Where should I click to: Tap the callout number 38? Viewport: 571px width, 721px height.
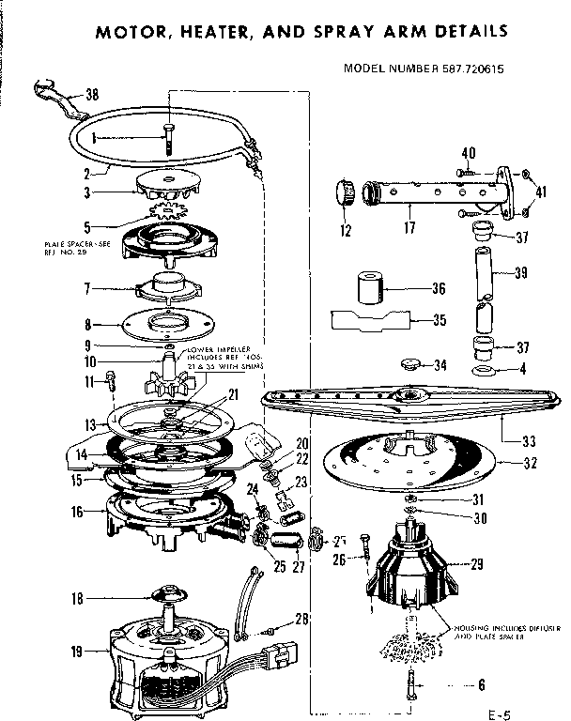(x=91, y=94)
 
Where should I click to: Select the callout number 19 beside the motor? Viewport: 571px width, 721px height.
(x=75, y=651)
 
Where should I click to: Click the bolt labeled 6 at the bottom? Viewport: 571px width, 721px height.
(x=410, y=686)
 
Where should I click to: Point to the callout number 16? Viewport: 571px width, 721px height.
(x=75, y=511)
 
